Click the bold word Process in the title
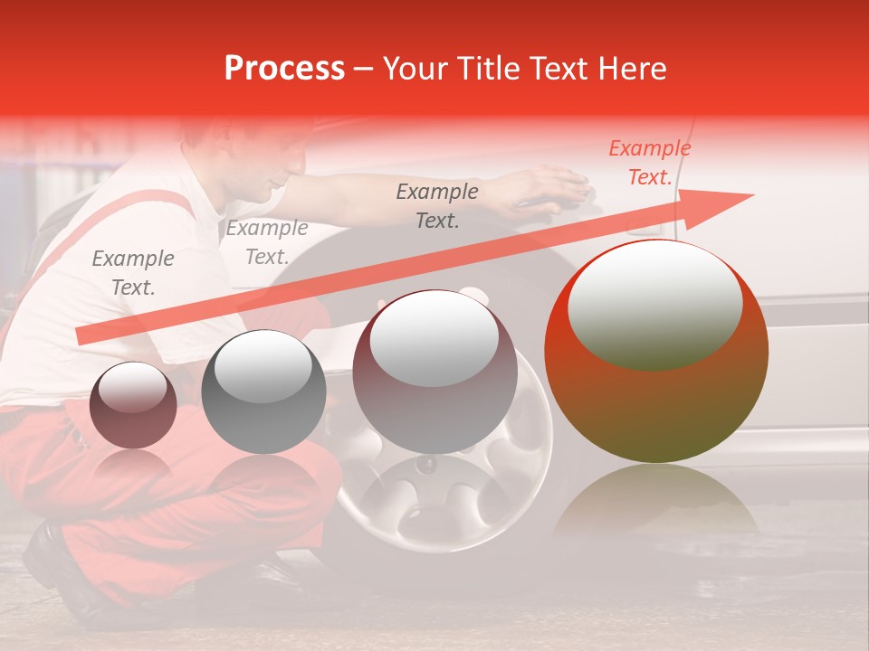(284, 69)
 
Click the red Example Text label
(649, 163)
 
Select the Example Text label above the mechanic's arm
(437, 206)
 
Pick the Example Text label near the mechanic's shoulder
(267, 242)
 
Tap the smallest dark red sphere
(133, 406)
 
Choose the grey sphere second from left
(263, 392)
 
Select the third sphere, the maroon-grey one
(434, 373)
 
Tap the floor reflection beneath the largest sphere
(656, 502)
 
